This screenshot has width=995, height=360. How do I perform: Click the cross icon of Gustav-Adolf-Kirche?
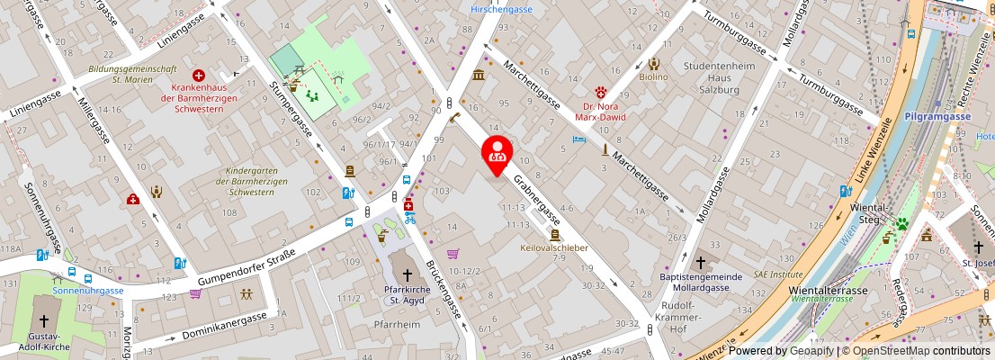click(x=44, y=319)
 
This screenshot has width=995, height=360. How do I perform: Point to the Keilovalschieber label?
click(x=554, y=247)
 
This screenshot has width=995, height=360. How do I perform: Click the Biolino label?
click(x=653, y=77)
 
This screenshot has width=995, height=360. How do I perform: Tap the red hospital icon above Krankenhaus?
click(x=198, y=76)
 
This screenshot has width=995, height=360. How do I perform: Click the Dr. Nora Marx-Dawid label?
click(x=601, y=110)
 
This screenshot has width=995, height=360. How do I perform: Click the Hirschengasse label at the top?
click(x=502, y=9)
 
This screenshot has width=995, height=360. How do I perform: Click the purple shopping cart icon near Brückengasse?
click(x=453, y=254)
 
